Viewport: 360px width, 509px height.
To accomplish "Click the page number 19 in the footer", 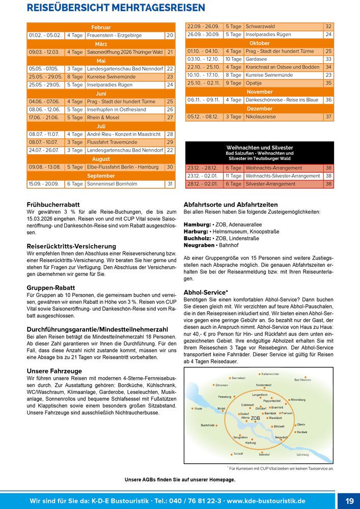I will [x=349, y=501].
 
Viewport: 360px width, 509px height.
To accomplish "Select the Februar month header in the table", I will [x=101, y=27].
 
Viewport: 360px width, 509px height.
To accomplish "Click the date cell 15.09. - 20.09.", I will [x=44, y=184].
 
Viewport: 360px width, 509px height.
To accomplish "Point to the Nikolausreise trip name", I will [x=261, y=117].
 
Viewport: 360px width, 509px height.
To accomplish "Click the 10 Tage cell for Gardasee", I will [x=233, y=59].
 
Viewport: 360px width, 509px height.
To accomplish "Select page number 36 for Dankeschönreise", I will [x=328, y=100].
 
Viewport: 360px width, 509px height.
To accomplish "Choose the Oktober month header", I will [x=260, y=43].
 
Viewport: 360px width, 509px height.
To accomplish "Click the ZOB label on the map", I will [x=255, y=418].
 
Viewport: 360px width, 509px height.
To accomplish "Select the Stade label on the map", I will [x=199, y=408].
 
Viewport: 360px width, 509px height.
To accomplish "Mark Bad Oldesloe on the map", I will [x=302, y=380].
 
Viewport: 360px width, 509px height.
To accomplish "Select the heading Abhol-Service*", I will [x=205, y=292].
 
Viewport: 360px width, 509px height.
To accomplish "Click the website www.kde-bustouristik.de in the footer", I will [x=266, y=501].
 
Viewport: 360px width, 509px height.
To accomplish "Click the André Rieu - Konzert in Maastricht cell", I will [x=125, y=134].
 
